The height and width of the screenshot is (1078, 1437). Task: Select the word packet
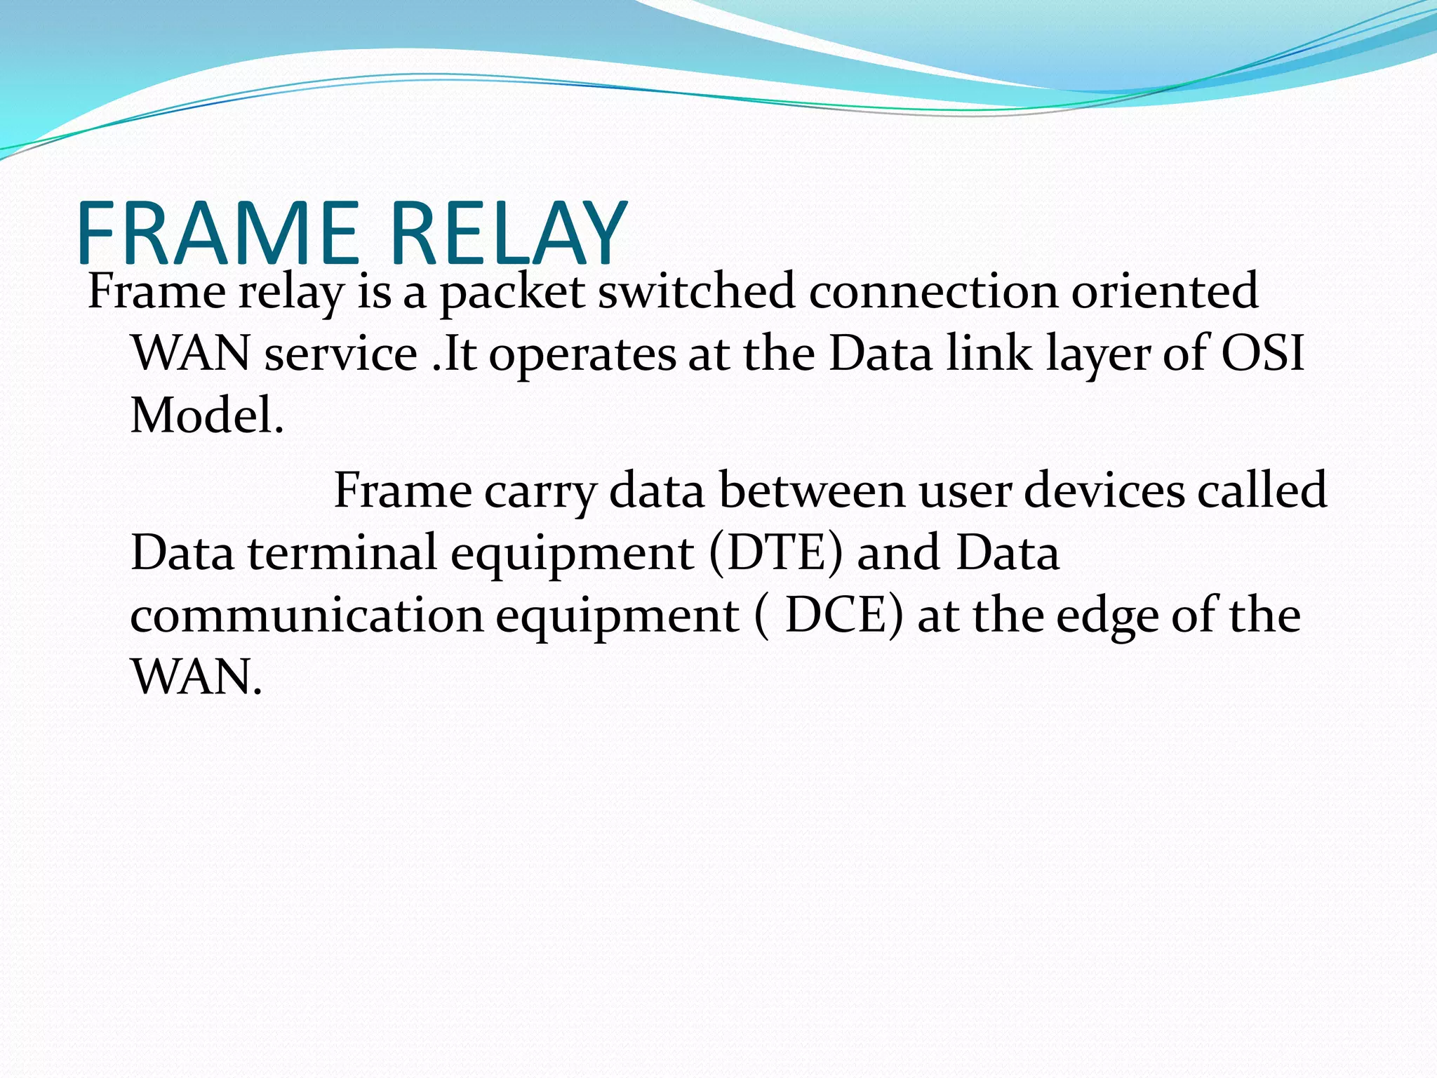point(512,292)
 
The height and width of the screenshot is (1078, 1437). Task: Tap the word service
point(341,354)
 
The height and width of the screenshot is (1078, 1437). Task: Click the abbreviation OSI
point(1263,353)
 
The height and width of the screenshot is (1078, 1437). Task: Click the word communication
point(307,615)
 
